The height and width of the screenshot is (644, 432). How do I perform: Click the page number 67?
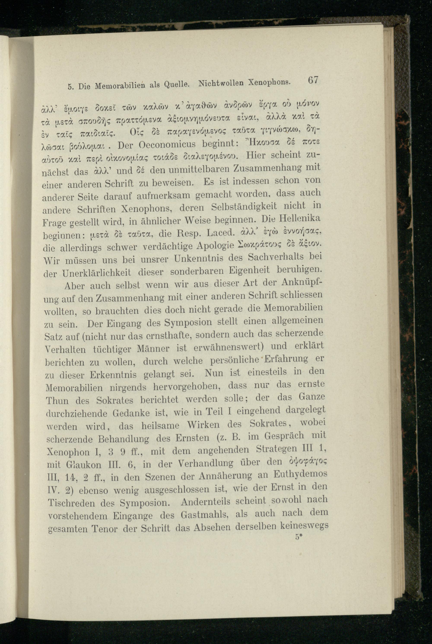313,81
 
